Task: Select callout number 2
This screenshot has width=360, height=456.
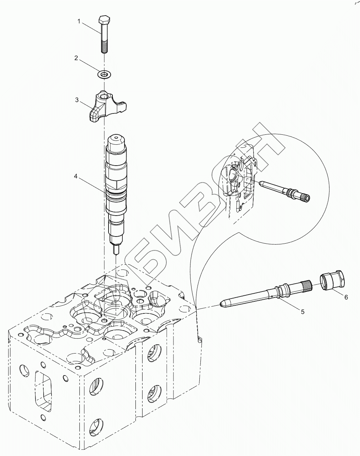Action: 76,58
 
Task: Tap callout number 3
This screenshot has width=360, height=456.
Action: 77,100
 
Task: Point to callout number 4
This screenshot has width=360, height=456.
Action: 76,176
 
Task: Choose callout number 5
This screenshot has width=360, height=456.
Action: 302,312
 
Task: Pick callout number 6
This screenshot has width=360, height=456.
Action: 346,298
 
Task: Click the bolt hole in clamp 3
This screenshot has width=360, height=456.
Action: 104,96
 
